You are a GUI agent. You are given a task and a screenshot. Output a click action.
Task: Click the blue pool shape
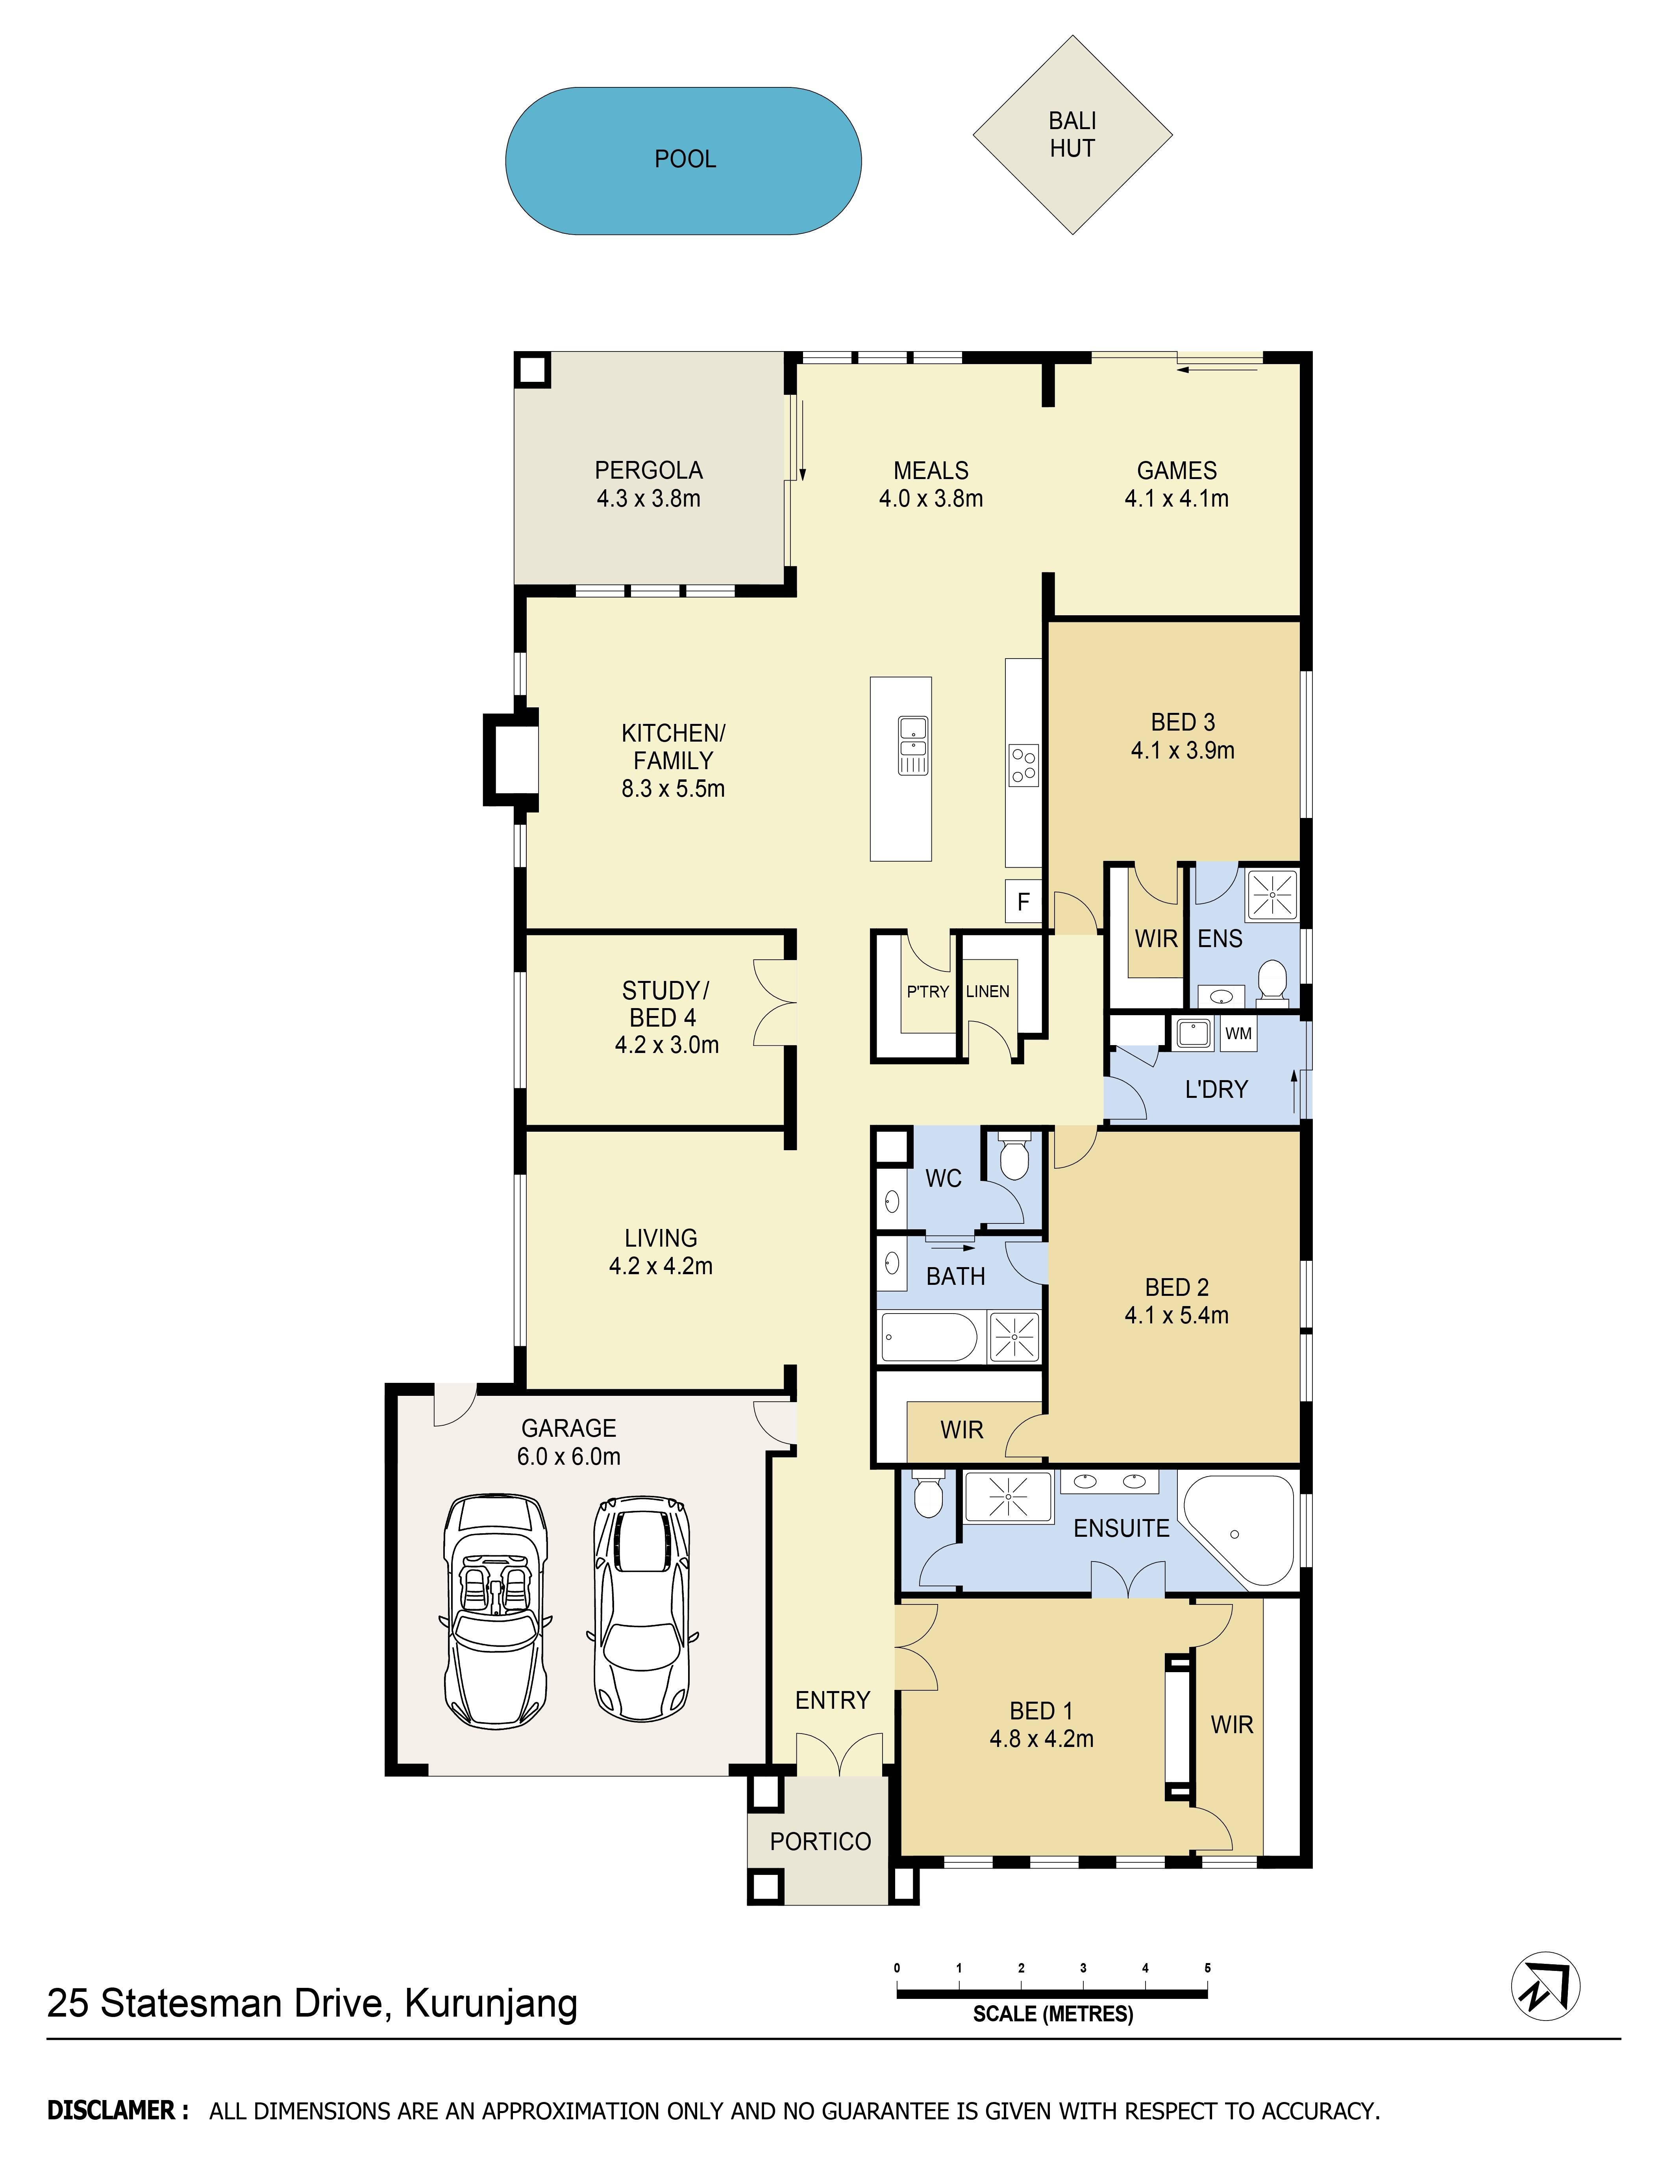click(683, 161)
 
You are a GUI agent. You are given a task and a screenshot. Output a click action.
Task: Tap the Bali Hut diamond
click(1072, 135)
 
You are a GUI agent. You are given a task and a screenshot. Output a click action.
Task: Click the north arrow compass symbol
click(1544, 1987)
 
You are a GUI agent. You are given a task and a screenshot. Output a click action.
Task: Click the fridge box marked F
click(1023, 901)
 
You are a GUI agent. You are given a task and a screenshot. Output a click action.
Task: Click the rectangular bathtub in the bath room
click(930, 1337)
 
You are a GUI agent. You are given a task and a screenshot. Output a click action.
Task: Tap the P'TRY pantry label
click(928, 991)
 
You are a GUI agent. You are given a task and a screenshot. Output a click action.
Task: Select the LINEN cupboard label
click(987, 991)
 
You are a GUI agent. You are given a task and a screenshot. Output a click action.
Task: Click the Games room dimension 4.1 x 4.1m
click(1177, 499)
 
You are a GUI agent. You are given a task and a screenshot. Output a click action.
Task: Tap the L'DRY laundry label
click(1216, 1090)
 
